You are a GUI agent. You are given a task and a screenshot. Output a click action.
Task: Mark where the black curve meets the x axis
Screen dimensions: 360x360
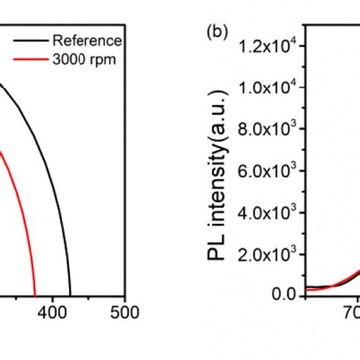click(71, 295)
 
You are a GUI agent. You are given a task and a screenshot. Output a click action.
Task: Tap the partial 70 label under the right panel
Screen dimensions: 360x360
click(352, 312)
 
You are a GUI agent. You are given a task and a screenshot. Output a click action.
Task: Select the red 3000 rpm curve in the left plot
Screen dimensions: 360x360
click(20, 197)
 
